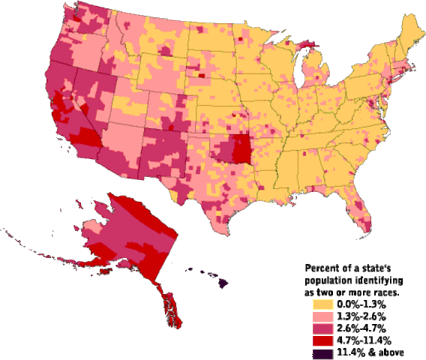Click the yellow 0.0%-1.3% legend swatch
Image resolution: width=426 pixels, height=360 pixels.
pos(322,304)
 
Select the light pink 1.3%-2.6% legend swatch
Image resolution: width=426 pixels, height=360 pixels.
pos(322,316)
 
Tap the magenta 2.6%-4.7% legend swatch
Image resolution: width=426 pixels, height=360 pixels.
pos(322,328)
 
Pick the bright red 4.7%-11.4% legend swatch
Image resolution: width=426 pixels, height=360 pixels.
pos(322,340)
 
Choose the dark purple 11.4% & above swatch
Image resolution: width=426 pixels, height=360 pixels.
pos(322,352)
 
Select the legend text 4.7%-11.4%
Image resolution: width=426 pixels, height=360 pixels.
pos(364,340)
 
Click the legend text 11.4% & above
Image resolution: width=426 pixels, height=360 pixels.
pos(370,352)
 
